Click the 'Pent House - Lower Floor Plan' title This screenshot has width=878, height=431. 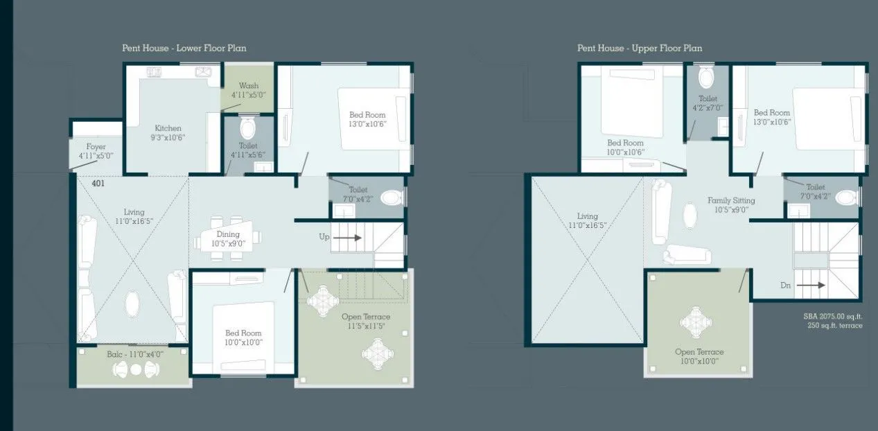pos(184,49)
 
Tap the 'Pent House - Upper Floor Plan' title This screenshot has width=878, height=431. pos(639,49)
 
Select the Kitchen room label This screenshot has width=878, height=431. pos(168,128)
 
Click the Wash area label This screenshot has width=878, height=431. pos(248,86)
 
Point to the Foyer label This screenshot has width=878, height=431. pos(96,147)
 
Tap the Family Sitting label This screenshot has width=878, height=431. pos(731,201)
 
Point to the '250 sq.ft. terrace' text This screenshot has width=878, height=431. pos(835,326)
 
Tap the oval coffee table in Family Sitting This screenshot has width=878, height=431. pos(691,215)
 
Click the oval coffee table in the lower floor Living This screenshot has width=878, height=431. pos(132,304)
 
